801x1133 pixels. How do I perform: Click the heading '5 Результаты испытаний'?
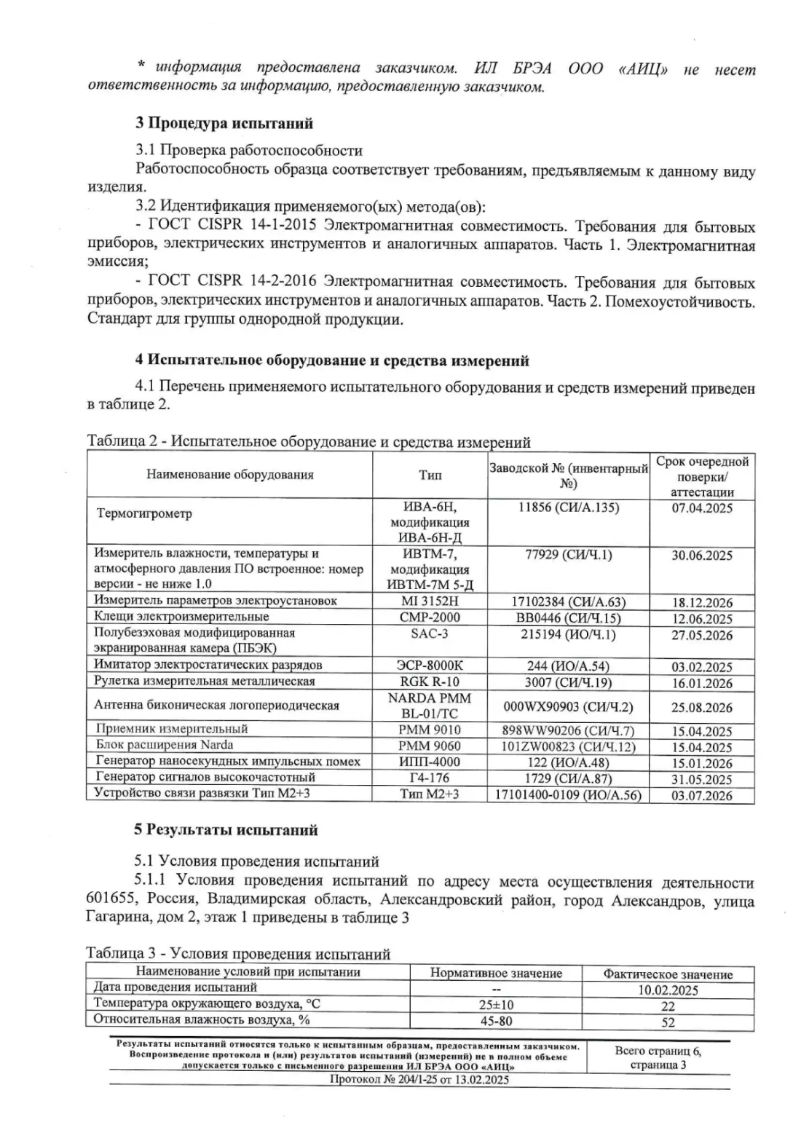point(226,830)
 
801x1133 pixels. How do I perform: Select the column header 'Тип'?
point(430,475)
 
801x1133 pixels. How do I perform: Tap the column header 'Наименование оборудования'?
point(230,475)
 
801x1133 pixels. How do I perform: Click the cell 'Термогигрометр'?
point(144,514)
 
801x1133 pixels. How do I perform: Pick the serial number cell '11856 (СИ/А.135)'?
point(569,508)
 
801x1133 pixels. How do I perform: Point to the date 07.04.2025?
point(701,508)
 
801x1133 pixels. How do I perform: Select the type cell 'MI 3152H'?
point(430,601)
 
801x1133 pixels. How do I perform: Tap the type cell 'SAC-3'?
point(430,634)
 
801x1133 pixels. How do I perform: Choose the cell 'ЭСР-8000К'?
point(430,666)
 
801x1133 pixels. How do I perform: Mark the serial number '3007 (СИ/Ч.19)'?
point(569,682)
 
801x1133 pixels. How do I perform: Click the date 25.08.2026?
point(701,707)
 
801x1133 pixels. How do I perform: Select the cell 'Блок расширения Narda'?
point(165,746)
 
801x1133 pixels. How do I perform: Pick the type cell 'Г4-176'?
point(430,778)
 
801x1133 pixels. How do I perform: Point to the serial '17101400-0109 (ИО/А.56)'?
point(569,794)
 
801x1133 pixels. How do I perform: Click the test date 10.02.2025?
point(668,990)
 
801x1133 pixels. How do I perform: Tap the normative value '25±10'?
point(496,1006)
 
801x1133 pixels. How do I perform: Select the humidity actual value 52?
point(668,1022)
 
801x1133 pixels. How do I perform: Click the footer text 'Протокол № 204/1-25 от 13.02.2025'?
point(419,1080)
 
